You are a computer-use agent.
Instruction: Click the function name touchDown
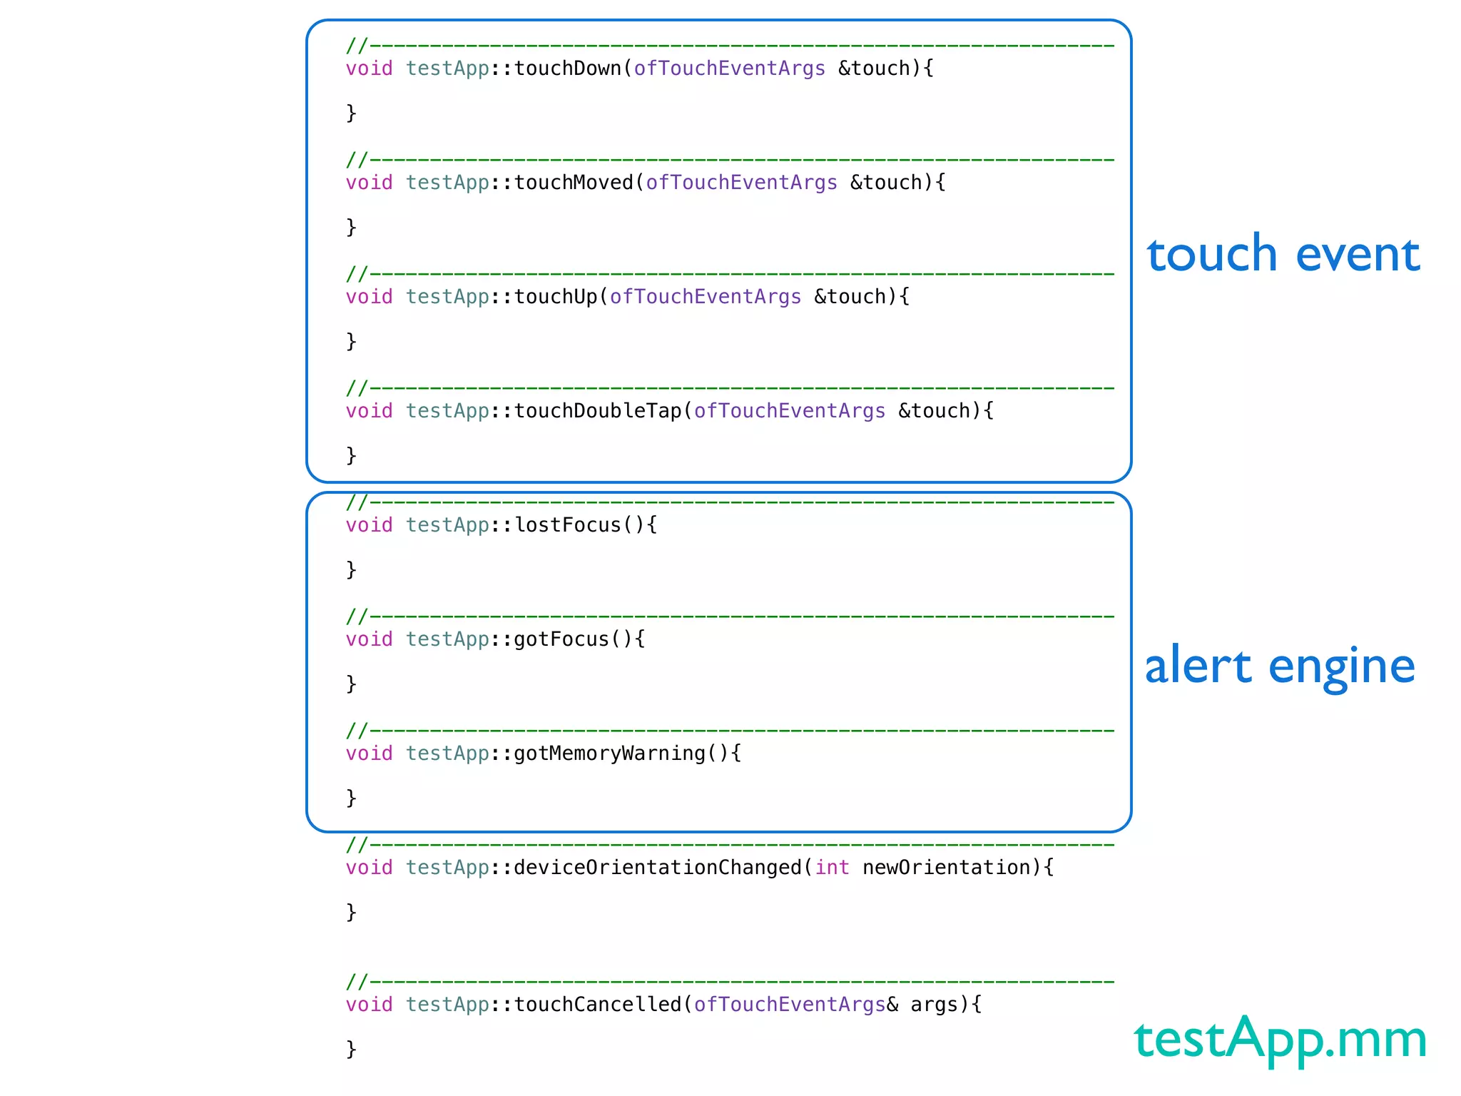coord(568,68)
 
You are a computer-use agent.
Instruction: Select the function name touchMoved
coord(574,183)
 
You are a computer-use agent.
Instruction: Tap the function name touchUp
coord(556,297)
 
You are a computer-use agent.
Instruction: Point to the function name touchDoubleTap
coord(598,411)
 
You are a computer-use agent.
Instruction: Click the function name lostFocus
coord(568,525)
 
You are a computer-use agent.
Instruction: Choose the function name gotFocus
coord(561,639)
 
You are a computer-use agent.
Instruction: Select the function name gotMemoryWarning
coord(609,753)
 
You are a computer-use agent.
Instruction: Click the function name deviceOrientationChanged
coord(658,868)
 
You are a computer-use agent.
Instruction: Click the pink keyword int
coord(832,868)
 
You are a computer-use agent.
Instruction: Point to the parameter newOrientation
coord(946,868)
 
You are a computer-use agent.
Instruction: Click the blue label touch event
coord(1283,254)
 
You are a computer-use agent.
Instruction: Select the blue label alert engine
coord(1279,666)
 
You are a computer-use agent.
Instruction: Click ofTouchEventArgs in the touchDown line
coord(729,68)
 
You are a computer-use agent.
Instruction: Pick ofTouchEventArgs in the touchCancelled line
coord(789,1005)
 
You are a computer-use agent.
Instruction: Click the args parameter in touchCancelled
coord(934,1005)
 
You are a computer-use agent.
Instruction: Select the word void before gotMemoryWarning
coord(369,753)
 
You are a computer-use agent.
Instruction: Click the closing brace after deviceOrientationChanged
coord(351,912)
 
